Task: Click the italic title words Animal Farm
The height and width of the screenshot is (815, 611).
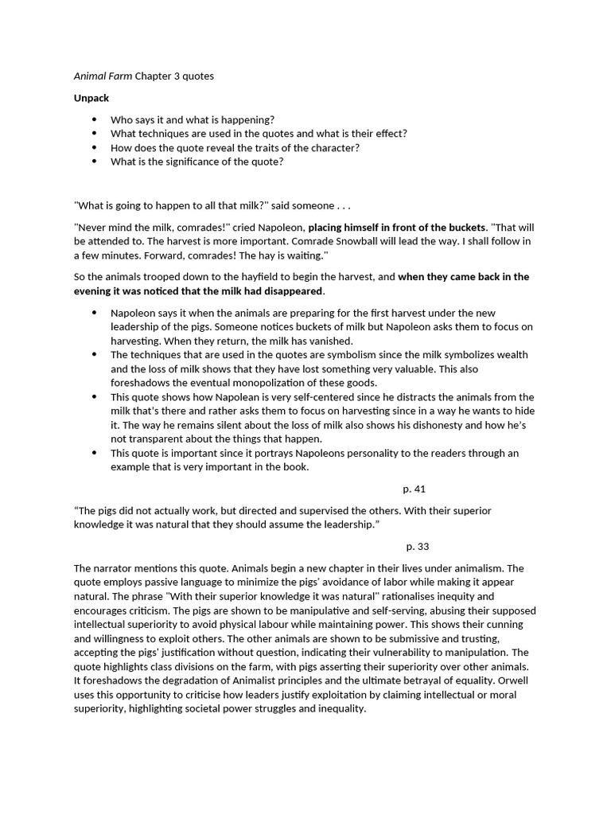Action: coord(103,76)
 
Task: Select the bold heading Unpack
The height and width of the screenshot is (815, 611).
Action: coord(91,98)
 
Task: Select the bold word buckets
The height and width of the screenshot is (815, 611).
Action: coord(462,227)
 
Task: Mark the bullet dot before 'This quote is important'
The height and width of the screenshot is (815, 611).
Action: coord(95,453)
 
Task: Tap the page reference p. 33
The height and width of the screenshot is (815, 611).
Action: coord(417,546)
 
